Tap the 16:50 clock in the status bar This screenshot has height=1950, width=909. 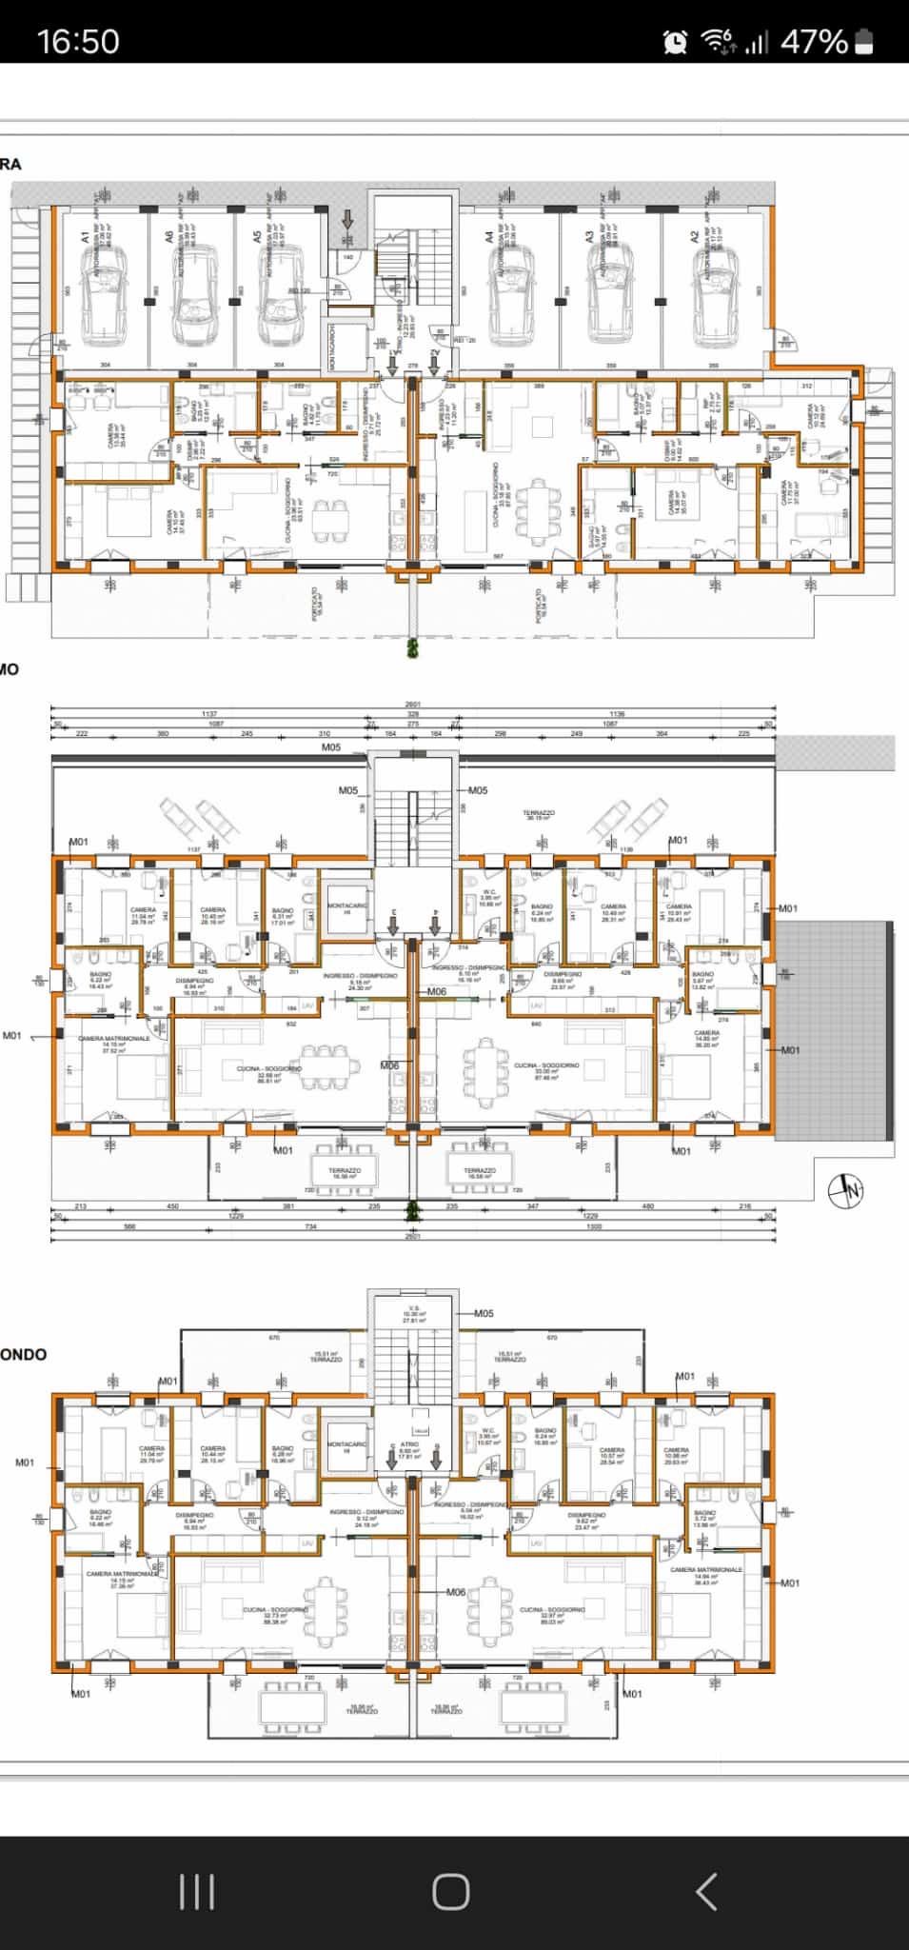point(78,41)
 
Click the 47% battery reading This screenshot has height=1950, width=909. point(814,41)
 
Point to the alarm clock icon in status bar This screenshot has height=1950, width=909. point(676,41)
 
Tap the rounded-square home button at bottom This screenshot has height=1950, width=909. point(451,1891)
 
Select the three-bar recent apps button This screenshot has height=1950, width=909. point(197,1891)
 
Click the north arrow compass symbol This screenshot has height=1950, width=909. point(845,1190)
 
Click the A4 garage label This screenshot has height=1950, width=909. point(489,238)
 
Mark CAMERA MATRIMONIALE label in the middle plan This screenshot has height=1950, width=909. point(113,1039)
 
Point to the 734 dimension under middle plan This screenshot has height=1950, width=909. point(309,1227)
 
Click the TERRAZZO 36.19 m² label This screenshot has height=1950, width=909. point(539,815)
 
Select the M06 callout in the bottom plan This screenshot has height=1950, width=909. point(456,1592)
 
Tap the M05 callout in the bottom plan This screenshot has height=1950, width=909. point(484,1313)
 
